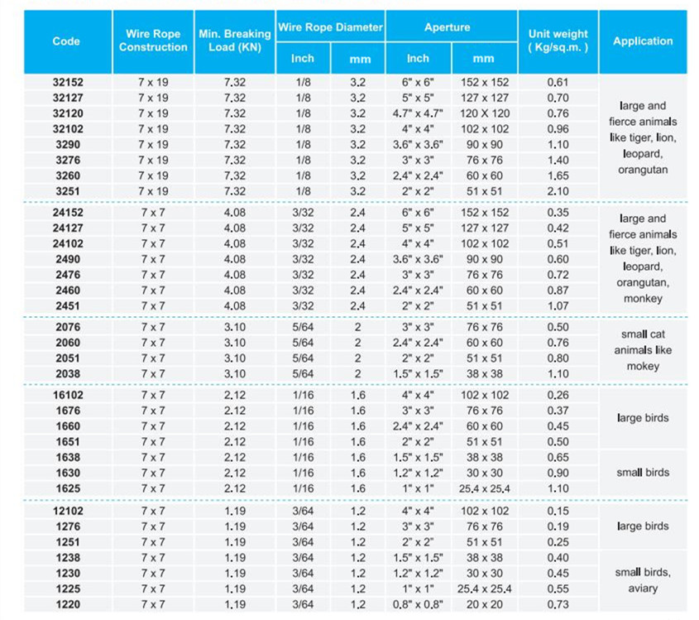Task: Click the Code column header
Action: tap(66, 41)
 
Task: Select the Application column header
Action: tap(643, 41)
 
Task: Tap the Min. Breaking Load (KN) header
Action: tap(235, 41)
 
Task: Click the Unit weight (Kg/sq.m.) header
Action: tap(558, 41)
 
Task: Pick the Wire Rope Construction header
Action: tap(153, 41)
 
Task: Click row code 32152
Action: tap(68, 82)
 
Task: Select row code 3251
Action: tap(68, 191)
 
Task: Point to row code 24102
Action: tap(68, 243)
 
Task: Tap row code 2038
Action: tap(68, 374)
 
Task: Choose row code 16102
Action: tap(68, 395)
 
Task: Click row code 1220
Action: tap(68, 604)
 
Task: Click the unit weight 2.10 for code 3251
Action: tap(558, 191)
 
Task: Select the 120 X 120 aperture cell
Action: tap(485, 113)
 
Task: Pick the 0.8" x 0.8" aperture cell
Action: tap(418, 604)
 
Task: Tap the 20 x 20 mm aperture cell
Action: tap(485, 604)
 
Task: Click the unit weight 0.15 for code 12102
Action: tap(558, 511)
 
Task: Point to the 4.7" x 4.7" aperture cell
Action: tap(418, 113)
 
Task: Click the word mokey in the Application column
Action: tap(643, 366)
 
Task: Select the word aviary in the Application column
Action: tap(643, 589)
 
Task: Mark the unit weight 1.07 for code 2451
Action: tap(558, 306)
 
